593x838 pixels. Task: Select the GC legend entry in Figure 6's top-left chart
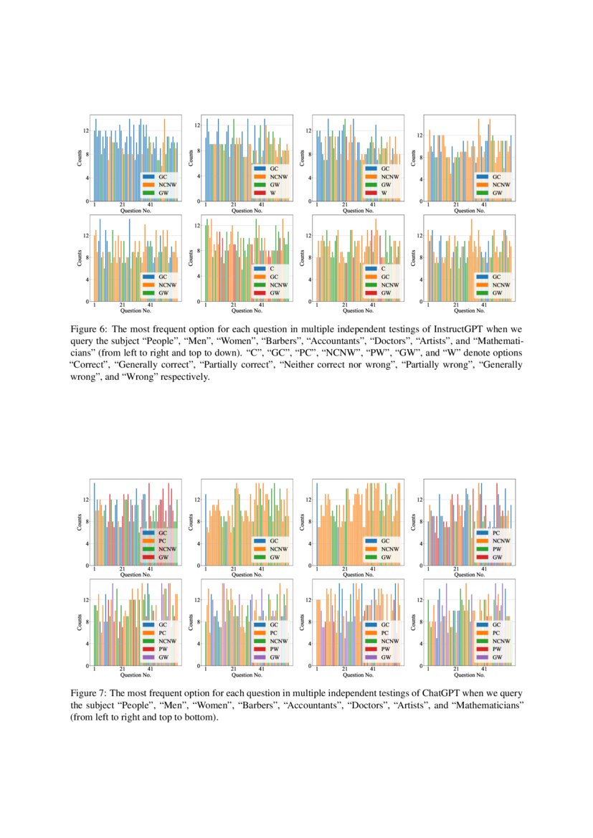[163, 176]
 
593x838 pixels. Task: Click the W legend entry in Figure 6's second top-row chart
[274, 193]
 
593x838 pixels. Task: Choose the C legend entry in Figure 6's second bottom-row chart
[274, 268]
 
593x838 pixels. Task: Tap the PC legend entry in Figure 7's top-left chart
[163, 540]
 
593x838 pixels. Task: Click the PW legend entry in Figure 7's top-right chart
[496, 548]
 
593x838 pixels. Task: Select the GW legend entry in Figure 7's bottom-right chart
[496, 657]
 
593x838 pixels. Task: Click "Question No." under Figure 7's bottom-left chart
[135, 675]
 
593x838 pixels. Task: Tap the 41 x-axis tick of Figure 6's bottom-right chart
[484, 305]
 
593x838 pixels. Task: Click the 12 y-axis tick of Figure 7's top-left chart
[86, 500]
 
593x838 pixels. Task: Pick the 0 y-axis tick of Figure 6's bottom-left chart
[87, 301]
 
